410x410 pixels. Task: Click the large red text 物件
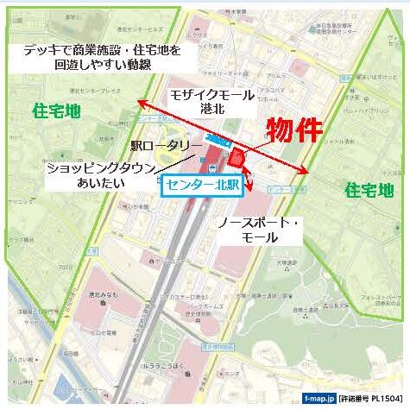(x=293, y=130)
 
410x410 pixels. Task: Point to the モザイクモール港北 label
(x=211, y=102)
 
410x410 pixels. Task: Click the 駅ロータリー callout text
(x=167, y=147)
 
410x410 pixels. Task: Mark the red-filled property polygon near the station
(x=237, y=159)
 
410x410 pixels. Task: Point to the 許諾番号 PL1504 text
(x=368, y=400)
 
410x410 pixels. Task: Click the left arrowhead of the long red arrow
(x=139, y=103)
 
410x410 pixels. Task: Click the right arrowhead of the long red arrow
(x=306, y=172)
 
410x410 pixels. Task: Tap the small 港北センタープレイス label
(x=104, y=90)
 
